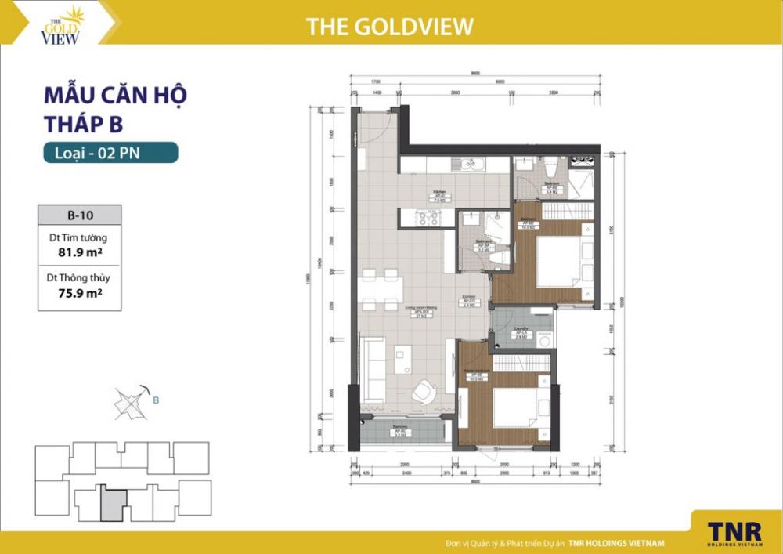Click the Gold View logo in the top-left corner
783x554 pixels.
61,25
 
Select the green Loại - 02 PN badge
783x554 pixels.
110,153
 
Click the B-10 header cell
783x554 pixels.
79,214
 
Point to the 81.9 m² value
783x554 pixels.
79,252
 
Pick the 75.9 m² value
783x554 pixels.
79,293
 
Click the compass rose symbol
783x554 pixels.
128,402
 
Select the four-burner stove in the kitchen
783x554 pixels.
428,219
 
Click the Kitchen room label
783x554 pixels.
440,194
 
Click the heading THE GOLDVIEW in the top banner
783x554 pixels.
389,26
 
